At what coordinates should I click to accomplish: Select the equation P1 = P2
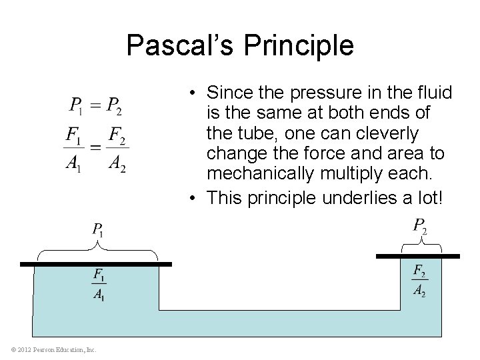(96, 106)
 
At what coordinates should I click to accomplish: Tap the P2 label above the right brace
(420, 227)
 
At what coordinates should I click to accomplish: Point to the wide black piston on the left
(96, 265)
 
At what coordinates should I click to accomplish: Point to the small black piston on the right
(418, 256)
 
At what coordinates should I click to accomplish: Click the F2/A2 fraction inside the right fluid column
(419, 279)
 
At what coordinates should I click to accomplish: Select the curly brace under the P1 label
(97, 251)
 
